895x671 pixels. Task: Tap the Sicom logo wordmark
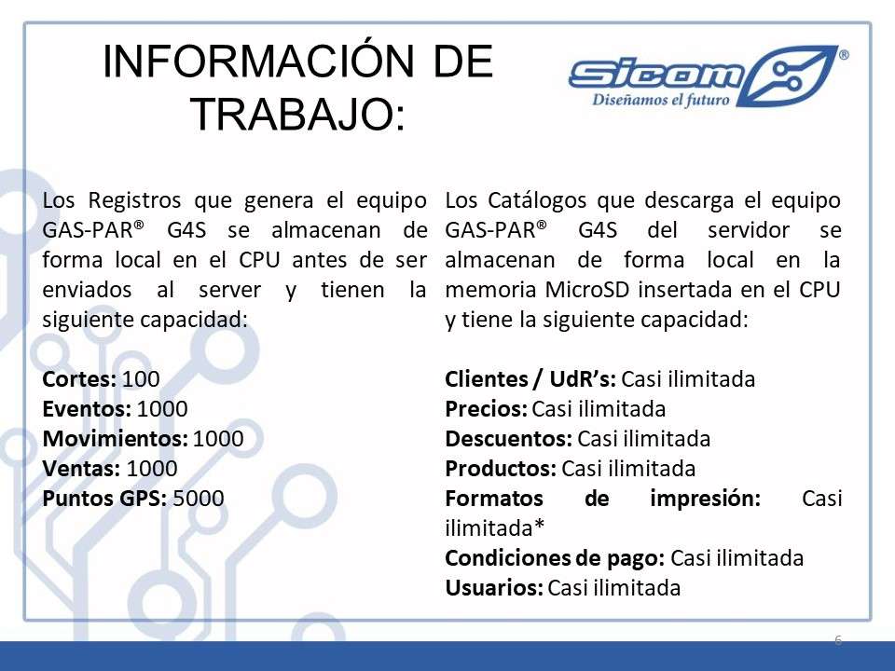(656, 75)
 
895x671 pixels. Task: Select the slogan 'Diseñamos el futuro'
(660, 100)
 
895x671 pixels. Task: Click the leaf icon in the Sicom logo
(791, 75)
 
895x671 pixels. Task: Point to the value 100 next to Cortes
(141, 379)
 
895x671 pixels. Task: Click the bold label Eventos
(87, 409)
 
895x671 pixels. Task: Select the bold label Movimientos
(116, 439)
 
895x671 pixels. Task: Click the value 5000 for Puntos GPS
(198, 498)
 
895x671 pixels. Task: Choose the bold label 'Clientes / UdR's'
(530, 379)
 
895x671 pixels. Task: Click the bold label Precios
(487, 409)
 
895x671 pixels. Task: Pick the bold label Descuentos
(509, 439)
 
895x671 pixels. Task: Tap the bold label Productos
(501, 469)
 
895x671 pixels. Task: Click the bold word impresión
(705, 499)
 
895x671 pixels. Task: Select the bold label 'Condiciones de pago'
(555, 558)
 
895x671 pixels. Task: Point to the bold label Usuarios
(494, 588)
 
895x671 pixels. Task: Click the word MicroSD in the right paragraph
(586, 290)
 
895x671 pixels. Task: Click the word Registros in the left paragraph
(134, 201)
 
